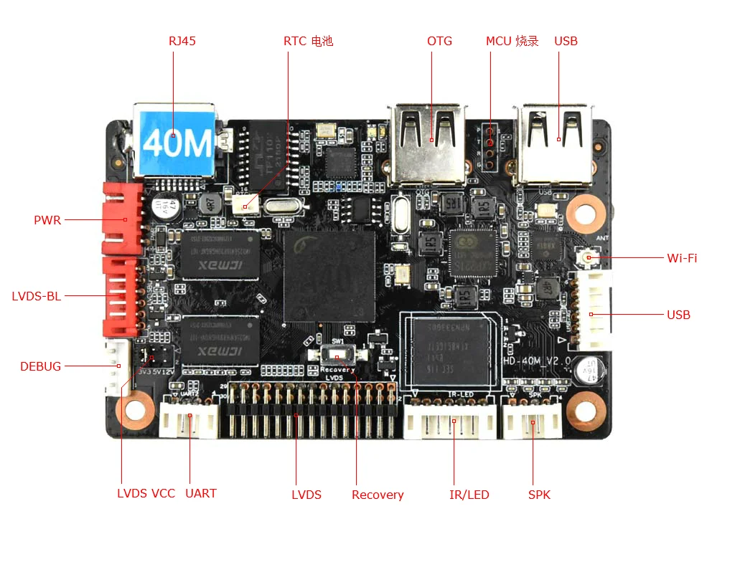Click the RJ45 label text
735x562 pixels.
tap(182, 41)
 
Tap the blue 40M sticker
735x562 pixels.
tap(177, 143)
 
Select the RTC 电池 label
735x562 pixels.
tap(308, 41)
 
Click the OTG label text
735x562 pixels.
tap(439, 41)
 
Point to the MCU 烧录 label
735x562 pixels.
tap(512, 41)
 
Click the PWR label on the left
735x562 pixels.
tap(47, 220)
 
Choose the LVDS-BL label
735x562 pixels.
tap(37, 295)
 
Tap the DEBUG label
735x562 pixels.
tap(41, 366)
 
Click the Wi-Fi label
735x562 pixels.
tap(682, 258)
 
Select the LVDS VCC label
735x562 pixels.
tap(146, 493)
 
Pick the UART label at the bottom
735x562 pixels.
tap(201, 493)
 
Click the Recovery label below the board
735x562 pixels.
tap(378, 495)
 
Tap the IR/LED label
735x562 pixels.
tap(469, 495)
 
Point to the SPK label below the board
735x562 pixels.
tap(539, 495)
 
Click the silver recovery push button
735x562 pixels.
tap(336, 356)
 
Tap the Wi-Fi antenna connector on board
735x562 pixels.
tap(589, 257)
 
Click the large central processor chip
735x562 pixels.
tap(329, 276)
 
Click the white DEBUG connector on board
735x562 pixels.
tap(117, 367)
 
